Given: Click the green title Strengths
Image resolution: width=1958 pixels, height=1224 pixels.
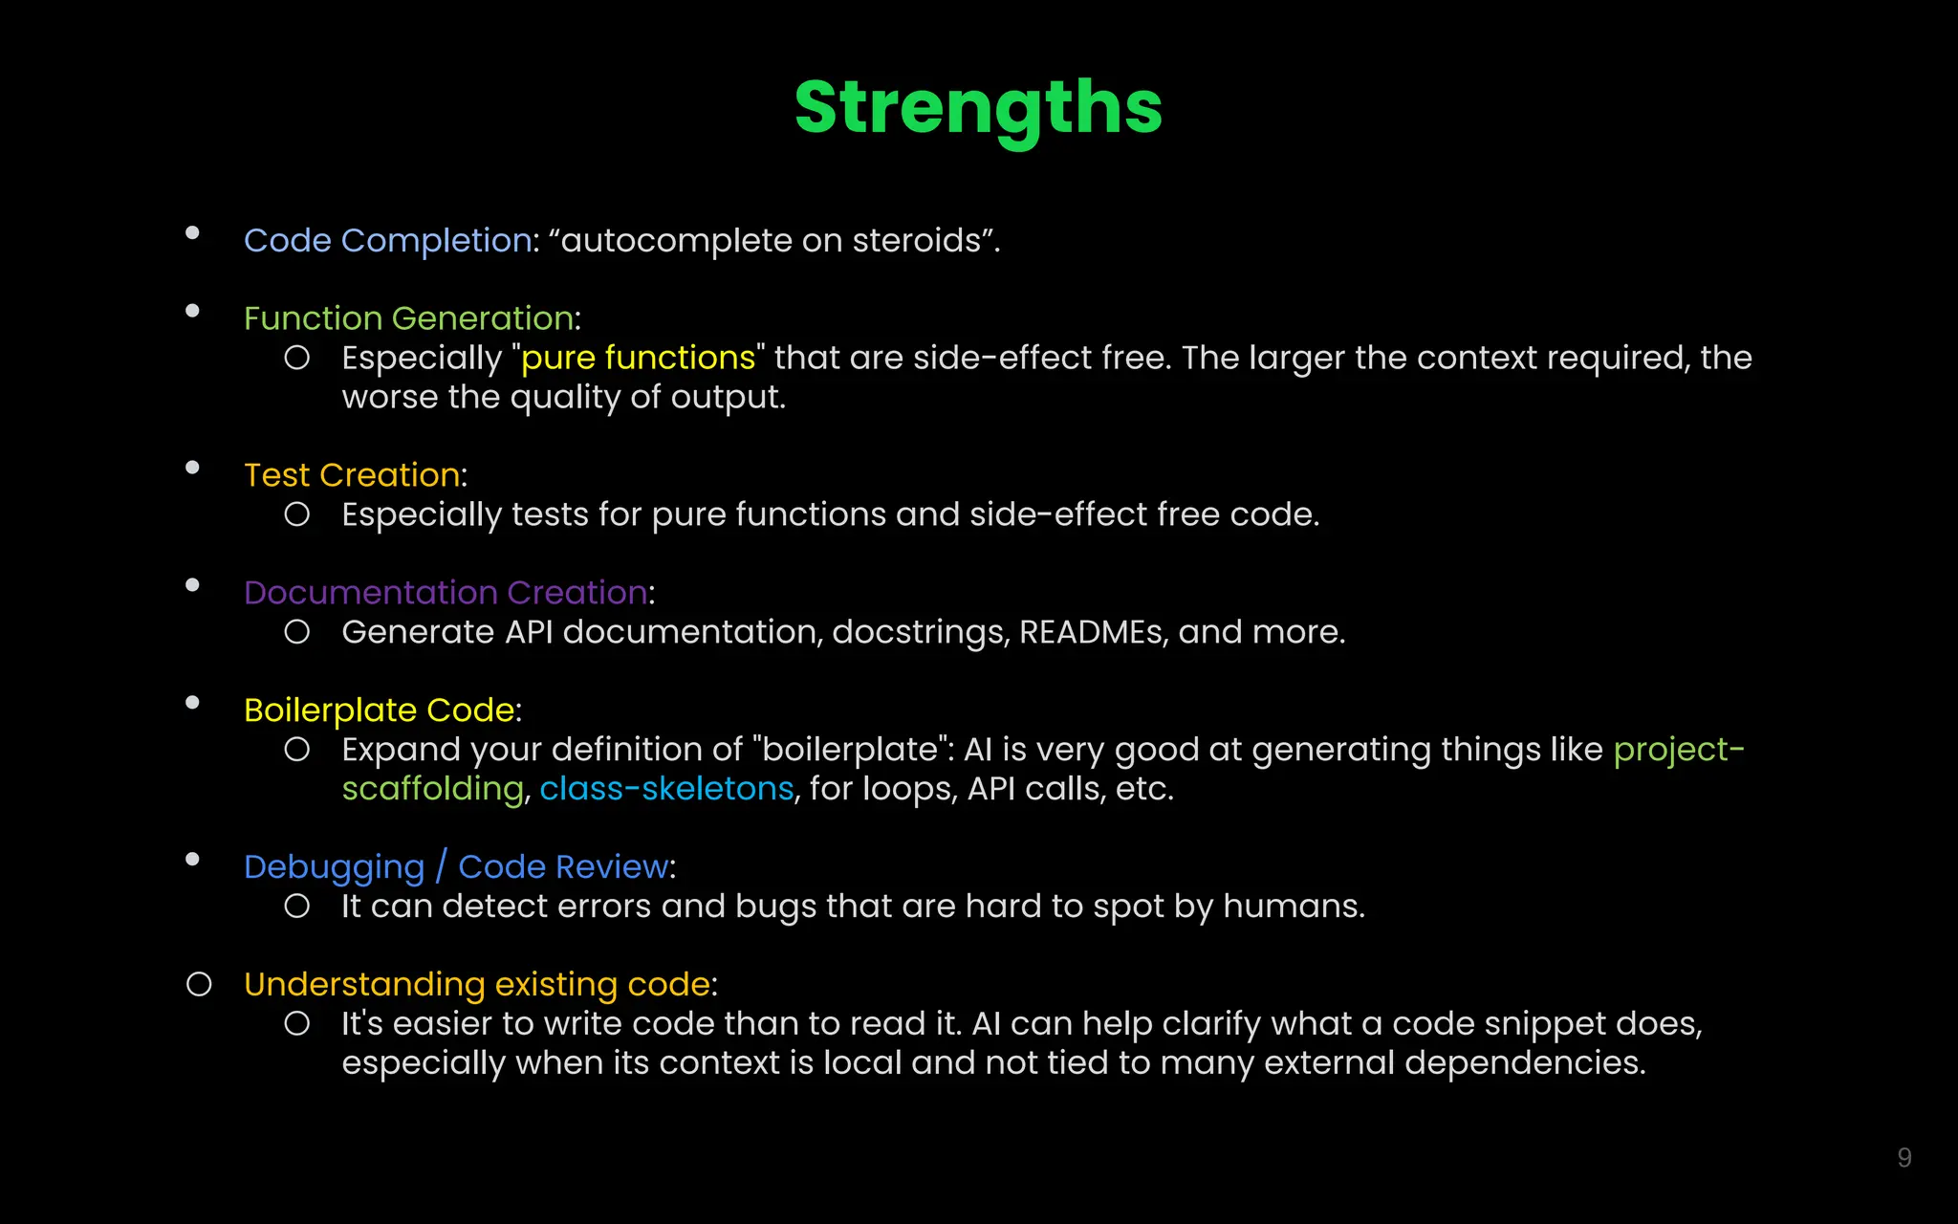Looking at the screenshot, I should pos(978,107).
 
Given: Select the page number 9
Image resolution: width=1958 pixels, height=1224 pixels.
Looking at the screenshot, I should pos(1904,1158).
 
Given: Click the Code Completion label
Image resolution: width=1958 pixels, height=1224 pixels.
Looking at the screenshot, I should pos(387,240).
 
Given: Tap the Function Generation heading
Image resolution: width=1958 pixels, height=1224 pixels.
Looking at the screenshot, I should pos(408,318).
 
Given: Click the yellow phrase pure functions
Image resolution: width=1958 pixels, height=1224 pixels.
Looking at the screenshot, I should pos(638,358).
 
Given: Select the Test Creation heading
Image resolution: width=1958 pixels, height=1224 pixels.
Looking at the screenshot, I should pos(352,475).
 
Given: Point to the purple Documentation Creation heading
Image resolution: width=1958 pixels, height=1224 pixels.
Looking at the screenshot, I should pos(446,593).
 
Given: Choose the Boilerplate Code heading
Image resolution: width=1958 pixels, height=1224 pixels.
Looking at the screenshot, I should pos(379,710).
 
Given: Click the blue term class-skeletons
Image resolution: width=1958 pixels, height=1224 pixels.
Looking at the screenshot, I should pos(666,789).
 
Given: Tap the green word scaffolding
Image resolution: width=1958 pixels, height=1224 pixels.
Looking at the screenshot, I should pos(432,789).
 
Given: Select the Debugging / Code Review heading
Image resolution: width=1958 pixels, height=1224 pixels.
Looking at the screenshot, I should pos(457,867).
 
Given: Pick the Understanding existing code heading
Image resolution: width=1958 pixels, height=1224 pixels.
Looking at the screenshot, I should pos(477,985).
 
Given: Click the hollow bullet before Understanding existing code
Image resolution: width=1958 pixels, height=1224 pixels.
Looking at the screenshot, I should pos(199,984).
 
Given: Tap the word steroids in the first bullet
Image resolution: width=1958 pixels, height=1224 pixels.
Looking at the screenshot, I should pos(916,240).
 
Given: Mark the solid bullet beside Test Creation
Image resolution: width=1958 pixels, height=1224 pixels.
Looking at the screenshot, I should pos(192,468).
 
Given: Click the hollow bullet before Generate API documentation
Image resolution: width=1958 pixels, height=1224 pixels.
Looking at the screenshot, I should pos(297,632).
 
